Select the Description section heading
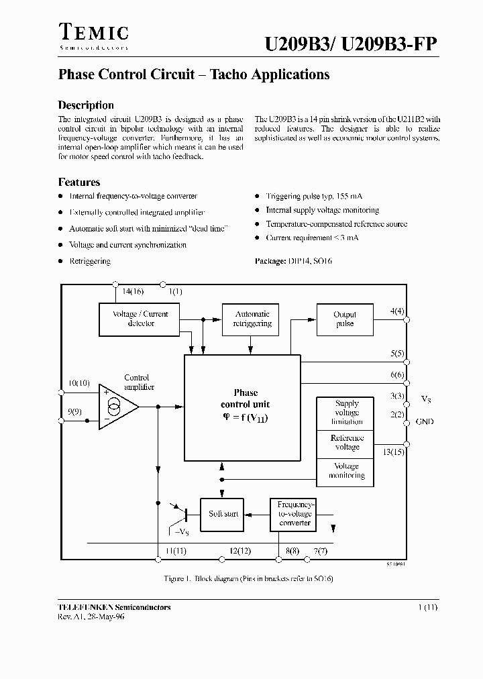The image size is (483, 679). point(86,105)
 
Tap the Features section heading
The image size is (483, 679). point(79,182)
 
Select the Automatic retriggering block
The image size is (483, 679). point(252,319)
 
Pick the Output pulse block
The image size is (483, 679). point(345,319)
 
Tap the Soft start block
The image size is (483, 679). point(223,514)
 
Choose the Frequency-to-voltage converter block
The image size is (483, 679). point(294,514)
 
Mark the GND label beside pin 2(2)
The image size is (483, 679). point(425,421)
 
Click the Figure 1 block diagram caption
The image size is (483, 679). point(249,578)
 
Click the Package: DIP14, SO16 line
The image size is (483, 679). point(293,261)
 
